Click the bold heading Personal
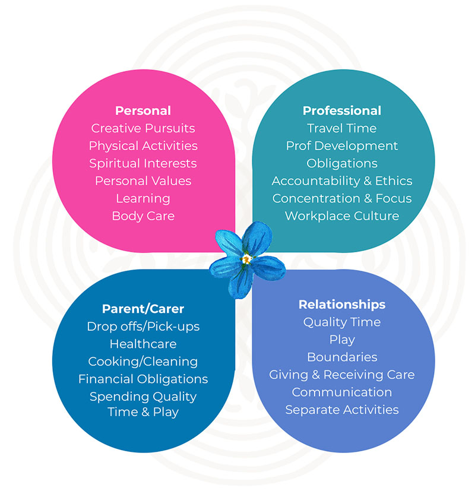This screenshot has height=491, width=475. tap(143, 111)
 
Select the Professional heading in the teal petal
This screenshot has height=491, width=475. tap(342, 111)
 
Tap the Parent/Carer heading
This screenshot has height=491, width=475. tap(143, 309)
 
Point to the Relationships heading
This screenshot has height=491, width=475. tap(342, 305)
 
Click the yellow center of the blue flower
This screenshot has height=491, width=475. tap(246, 259)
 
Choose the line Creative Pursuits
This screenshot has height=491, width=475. tap(143, 128)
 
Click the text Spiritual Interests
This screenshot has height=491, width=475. tap(143, 163)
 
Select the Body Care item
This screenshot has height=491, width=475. tap(143, 216)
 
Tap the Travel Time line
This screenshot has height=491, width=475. tap(342, 128)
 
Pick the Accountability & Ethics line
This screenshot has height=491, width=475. tap(342, 181)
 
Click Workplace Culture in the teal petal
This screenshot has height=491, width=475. tap(342, 216)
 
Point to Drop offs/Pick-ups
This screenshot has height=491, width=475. tap(143, 327)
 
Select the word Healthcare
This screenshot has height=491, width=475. tap(143, 344)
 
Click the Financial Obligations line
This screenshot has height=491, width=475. tap(143, 379)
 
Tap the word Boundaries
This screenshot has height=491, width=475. tap(342, 357)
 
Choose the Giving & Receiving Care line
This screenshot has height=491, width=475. tap(342, 375)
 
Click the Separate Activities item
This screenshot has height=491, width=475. tap(342, 410)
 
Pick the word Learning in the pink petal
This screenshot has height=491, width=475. tap(143, 198)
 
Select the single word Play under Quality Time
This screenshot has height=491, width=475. tap(342, 340)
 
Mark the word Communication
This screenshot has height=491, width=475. tap(342, 392)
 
